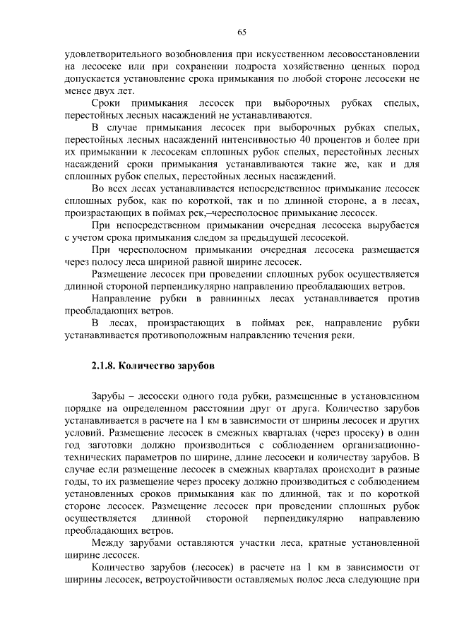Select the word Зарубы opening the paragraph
[x=108, y=396]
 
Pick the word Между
[x=109, y=544]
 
